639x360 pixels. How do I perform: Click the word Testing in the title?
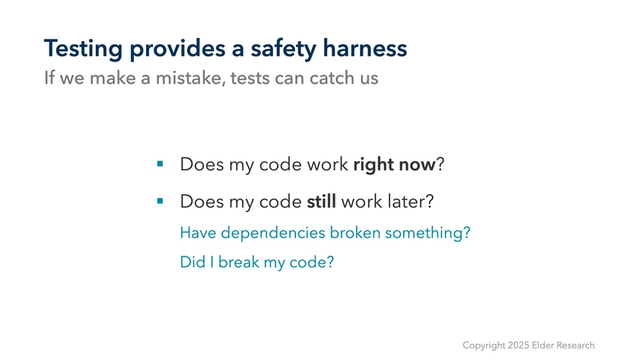83,49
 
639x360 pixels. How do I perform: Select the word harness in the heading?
364,48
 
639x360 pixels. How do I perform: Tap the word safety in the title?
283,49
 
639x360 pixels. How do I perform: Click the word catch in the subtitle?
326,78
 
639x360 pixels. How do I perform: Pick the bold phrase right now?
395,164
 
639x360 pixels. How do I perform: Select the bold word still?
322,202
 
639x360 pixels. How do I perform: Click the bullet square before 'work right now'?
161,164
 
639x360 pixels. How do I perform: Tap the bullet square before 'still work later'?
161,201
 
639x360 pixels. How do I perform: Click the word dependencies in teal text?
273,233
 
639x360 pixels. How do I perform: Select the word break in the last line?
239,262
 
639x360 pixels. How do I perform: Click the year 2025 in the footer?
518,346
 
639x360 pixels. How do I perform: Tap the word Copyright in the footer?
484,346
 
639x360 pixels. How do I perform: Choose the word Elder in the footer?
543,346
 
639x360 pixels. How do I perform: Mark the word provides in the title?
177,49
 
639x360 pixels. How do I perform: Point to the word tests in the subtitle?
250,78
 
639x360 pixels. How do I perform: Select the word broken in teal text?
355,233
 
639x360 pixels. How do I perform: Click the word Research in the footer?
575,346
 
